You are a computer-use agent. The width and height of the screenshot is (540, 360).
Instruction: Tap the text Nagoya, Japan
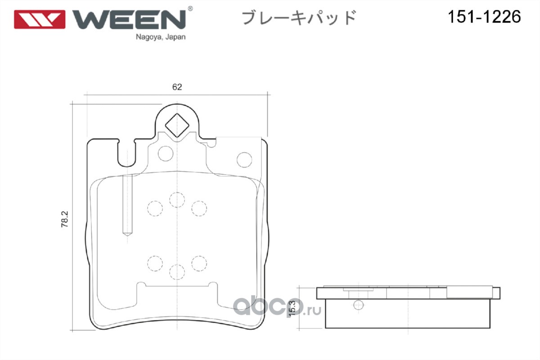[161, 38]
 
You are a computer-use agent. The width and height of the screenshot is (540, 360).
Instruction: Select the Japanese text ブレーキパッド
[299, 18]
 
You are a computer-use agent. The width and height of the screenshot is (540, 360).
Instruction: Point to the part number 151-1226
[484, 17]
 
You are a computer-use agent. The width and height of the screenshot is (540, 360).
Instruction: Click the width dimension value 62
[177, 87]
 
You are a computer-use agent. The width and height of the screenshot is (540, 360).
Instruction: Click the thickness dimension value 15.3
[292, 308]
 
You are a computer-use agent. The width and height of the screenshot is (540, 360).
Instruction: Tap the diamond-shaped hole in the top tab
[177, 123]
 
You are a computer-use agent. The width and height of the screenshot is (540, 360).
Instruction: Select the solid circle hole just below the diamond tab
[165, 153]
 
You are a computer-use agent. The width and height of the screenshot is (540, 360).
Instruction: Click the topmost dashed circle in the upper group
[177, 199]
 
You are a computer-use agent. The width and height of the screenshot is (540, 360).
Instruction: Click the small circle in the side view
[358, 305]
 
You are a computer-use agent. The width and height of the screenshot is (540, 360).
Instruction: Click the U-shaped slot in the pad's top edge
[126, 153]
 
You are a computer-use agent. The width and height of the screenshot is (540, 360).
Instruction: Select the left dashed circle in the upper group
[155, 207]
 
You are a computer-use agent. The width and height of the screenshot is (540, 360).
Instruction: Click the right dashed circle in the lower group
[198, 262]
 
